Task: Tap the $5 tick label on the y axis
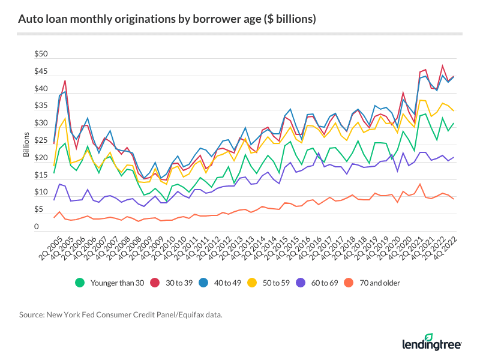(x=41, y=210)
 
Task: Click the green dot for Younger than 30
(x=79, y=283)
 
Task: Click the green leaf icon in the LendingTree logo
(x=429, y=338)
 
